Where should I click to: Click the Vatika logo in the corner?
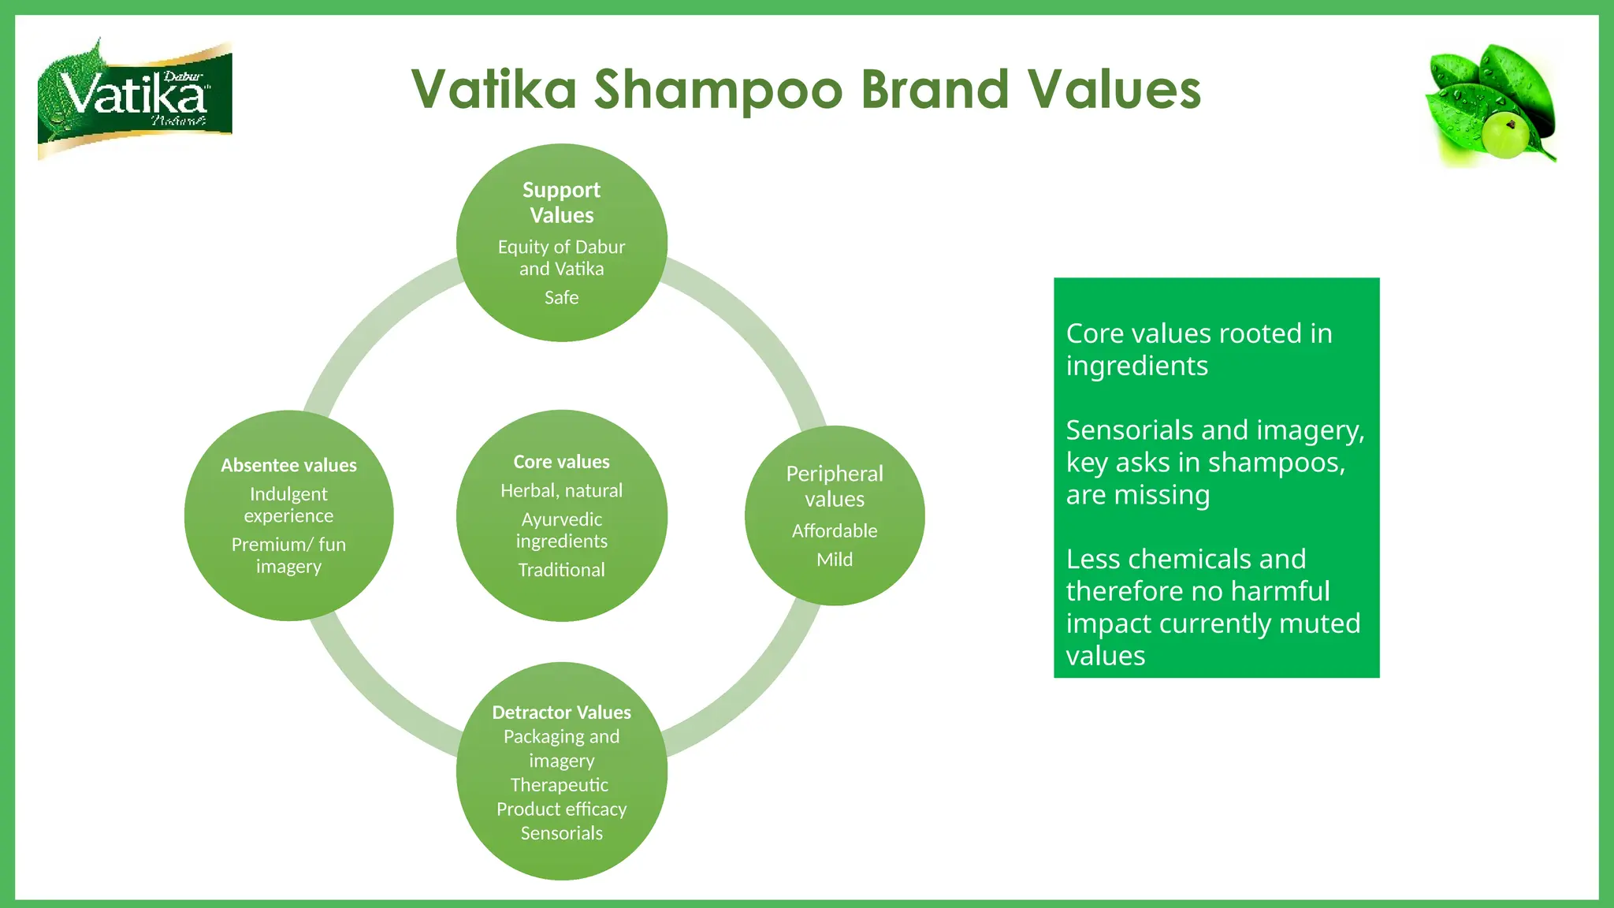pyautogui.click(x=135, y=99)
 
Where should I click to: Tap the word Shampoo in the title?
pyautogui.click(x=718, y=89)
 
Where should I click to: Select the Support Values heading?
pyautogui.click(x=561, y=203)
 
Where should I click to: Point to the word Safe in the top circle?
pyautogui.click(x=561, y=297)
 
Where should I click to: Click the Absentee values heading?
pyautogui.click(x=288, y=465)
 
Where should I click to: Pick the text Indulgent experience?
pyautogui.click(x=288, y=504)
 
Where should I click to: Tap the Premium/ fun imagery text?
pyautogui.click(x=288, y=555)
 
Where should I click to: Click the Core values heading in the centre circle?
pyautogui.click(x=561, y=462)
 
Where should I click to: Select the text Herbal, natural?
pyautogui.click(x=561, y=490)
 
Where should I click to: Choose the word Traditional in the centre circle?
pyautogui.click(x=561, y=570)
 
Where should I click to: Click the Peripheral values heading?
pyautogui.click(x=835, y=486)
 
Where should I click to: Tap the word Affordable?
pyautogui.click(x=835, y=530)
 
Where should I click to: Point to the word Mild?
pyautogui.click(x=835, y=560)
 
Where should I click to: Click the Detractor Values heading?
pyautogui.click(x=561, y=713)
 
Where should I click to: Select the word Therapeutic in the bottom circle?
pyautogui.click(x=560, y=785)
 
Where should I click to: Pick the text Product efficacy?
pyautogui.click(x=561, y=809)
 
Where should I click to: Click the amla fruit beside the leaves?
pyautogui.click(x=1506, y=134)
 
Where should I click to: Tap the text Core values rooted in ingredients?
pyautogui.click(x=1199, y=349)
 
